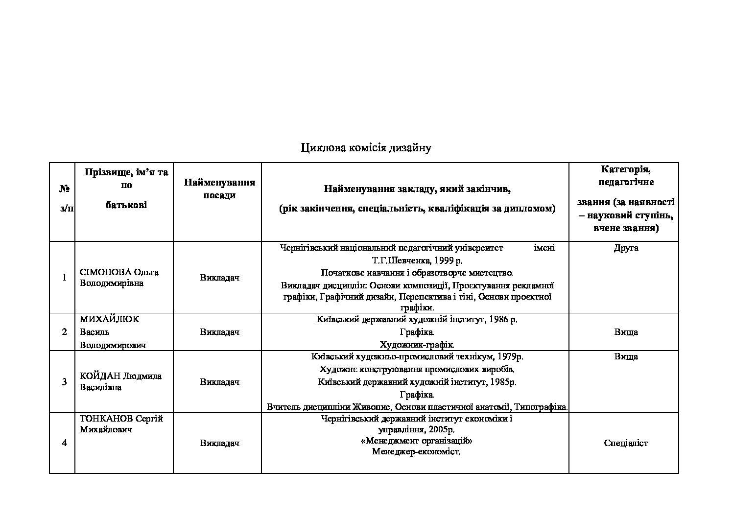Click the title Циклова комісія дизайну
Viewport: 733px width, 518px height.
(366, 147)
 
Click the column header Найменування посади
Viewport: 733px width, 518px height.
(219, 189)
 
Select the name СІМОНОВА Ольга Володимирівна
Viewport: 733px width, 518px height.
(119, 278)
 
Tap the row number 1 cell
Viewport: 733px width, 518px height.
(64, 278)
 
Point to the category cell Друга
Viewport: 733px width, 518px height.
(626, 248)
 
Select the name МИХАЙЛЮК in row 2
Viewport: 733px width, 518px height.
(109, 319)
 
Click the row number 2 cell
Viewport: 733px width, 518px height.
(64, 332)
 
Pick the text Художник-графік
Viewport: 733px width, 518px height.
(417, 345)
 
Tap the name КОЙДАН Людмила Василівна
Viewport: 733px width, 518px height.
(120, 382)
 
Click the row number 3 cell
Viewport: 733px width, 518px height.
(64, 382)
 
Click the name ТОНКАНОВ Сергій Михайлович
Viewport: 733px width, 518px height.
(121, 424)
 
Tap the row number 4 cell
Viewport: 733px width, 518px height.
(64, 443)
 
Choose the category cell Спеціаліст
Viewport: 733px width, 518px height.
(626, 443)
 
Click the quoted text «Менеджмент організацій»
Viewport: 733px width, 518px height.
(416, 441)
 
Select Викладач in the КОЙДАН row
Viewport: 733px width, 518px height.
(219, 382)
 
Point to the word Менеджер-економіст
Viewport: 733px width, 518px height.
(416, 452)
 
